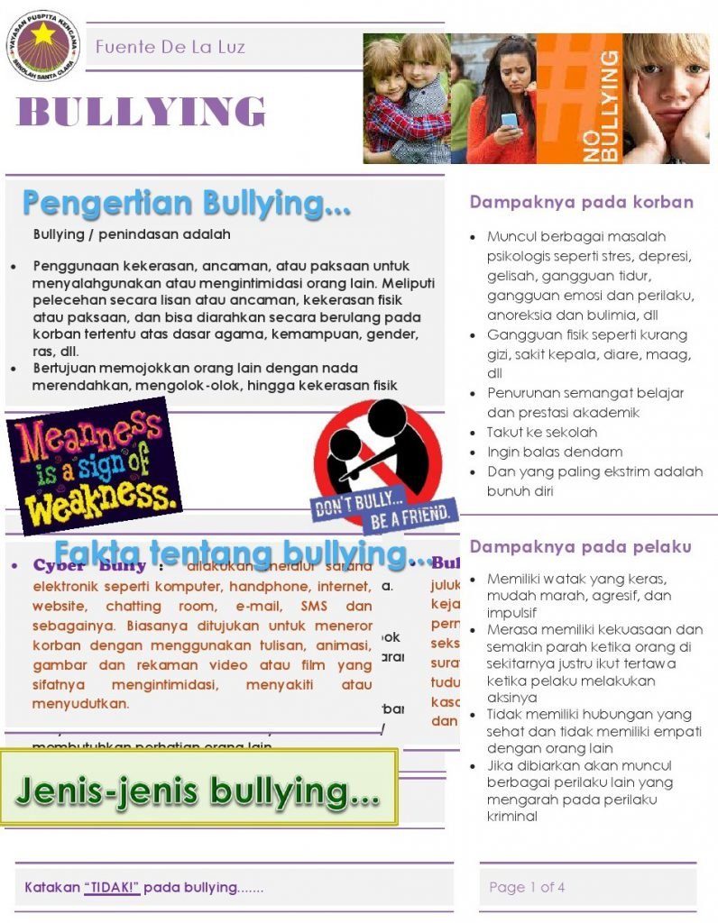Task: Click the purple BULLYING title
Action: click(142, 112)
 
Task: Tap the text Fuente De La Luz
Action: click(170, 47)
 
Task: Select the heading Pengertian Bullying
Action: click(186, 204)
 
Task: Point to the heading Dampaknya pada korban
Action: click(581, 202)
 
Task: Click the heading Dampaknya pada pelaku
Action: click(580, 546)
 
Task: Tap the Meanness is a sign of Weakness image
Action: click(92, 465)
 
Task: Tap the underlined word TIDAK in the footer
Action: click(112, 887)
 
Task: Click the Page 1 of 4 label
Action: click(527, 887)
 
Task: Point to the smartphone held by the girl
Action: click(510, 121)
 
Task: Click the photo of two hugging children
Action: click(406, 97)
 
